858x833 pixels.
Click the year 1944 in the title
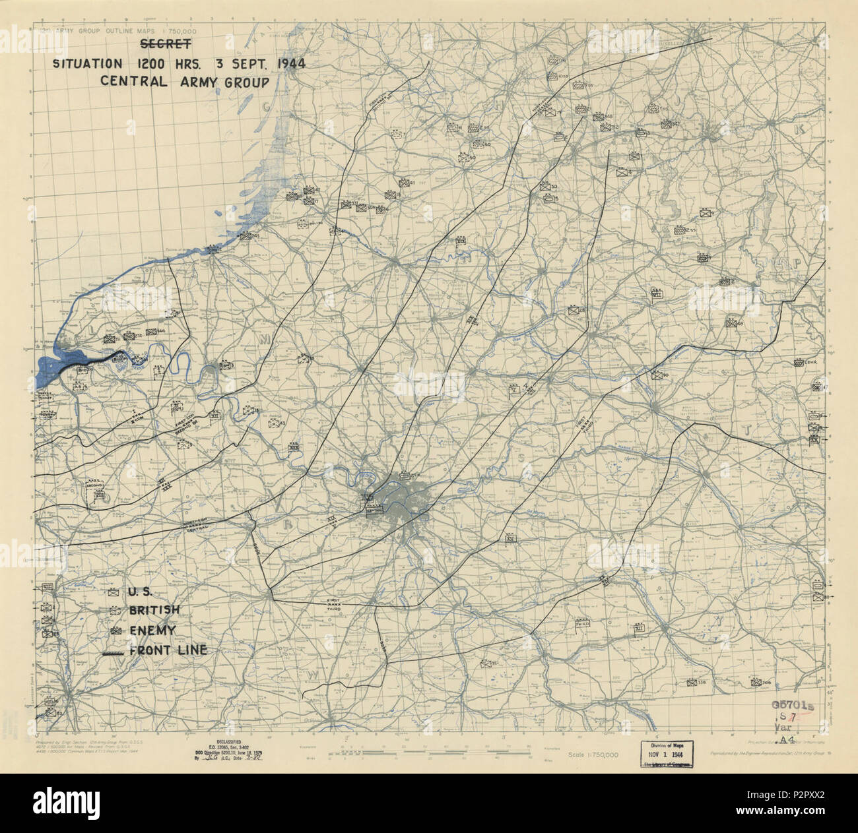(278, 64)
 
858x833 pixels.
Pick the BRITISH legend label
(154, 611)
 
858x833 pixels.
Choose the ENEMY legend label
(152, 631)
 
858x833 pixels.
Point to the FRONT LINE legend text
(168, 650)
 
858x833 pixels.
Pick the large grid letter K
(799, 130)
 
